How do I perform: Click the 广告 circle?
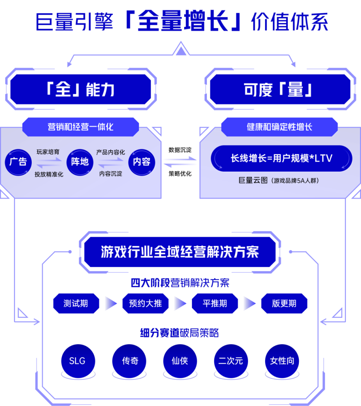[x=18, y=162]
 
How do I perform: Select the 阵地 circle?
[x=80, y=162]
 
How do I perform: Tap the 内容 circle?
[x=141, y=162]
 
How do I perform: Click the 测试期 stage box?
[x=76, y=303]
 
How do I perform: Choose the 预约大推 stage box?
[x=146, y=303]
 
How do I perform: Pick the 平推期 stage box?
[x=215, y=303]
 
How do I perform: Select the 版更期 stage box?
[x=284, y=303]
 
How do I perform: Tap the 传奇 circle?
[x=129, y=361]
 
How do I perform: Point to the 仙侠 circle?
[x=180, y=361]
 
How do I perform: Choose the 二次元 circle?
[x=231, y=361]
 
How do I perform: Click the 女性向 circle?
[x=282, y=361]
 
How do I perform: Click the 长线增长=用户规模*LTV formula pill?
[x=282, y=158]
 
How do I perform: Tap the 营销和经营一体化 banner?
[x=80, y=127]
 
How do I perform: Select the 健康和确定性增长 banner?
[x=280, y=127]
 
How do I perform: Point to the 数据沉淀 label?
[x=180, y=150]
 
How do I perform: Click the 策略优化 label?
[x=180, y=173]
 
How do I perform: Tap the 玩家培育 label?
[x=48, y=152]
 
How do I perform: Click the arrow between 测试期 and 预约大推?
[x=111, y=303]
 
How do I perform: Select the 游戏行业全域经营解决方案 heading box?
[x=180, y=252]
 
